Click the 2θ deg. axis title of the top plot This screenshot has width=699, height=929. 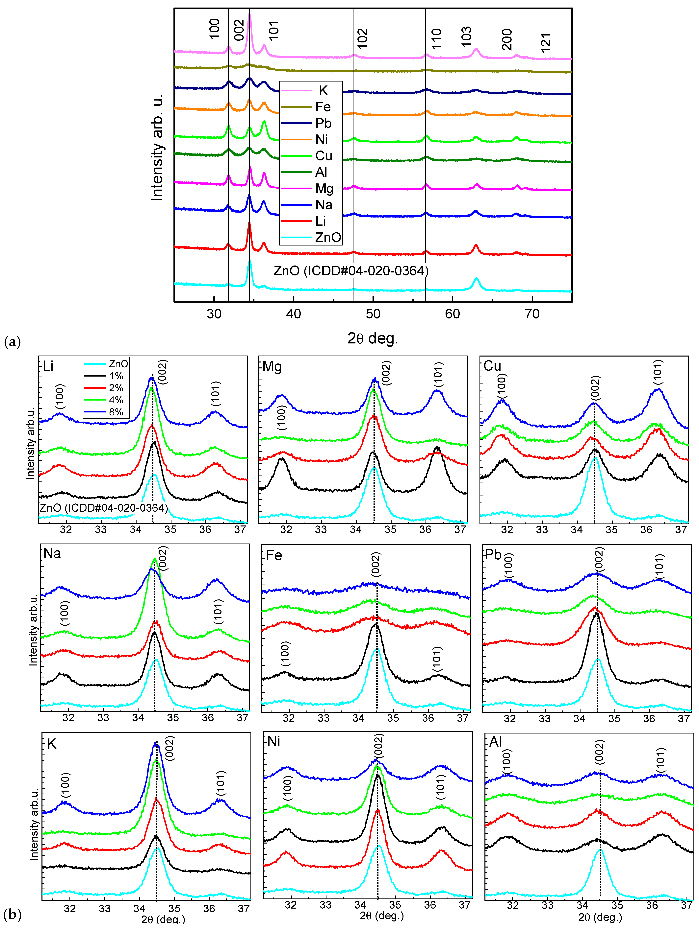(372, 338)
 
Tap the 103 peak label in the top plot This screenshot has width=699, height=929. (466, 37)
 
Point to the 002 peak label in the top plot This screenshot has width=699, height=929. (239, 30)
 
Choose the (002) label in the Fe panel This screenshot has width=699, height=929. (376, 565)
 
